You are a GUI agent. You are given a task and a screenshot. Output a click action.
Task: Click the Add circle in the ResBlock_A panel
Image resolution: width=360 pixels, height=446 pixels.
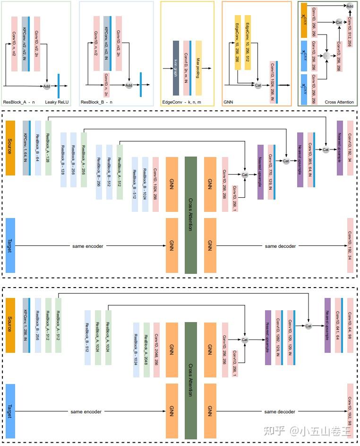(x=47, y=87)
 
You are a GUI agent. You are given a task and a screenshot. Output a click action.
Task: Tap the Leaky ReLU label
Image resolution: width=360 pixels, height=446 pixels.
(x=57, y=102)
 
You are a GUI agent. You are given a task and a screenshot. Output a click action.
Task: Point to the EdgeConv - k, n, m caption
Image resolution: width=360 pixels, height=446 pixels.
(x=181, y=102)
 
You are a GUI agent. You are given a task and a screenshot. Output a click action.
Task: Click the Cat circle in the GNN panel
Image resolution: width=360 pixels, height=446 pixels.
(x=258, y=85)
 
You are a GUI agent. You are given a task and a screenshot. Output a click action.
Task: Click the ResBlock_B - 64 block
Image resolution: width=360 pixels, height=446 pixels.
(x=38, y=148)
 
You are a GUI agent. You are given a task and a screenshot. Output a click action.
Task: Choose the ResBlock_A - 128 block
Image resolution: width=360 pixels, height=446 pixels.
(x=48, y=148)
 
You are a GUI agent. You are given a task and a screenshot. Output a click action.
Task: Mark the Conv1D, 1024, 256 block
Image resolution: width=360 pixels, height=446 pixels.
(x=156, y=184)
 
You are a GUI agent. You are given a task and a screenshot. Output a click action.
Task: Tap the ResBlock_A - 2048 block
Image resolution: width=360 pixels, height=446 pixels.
(x=146, y=350)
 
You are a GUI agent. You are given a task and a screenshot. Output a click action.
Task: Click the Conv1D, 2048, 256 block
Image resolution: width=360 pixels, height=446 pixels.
(x=156, y=350)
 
